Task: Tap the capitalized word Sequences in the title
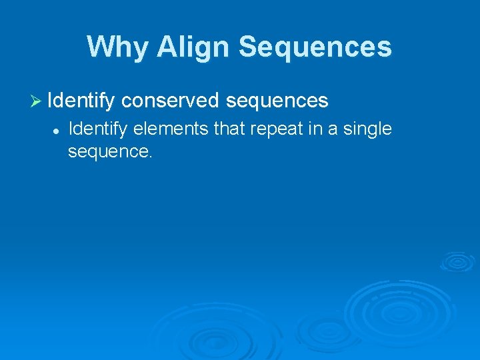[x=315, y=47]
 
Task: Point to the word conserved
[x=170, y=101]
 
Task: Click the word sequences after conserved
[x=277, y=101]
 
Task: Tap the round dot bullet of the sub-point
[x=57, y=130]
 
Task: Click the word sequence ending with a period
[x=109, y=152]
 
